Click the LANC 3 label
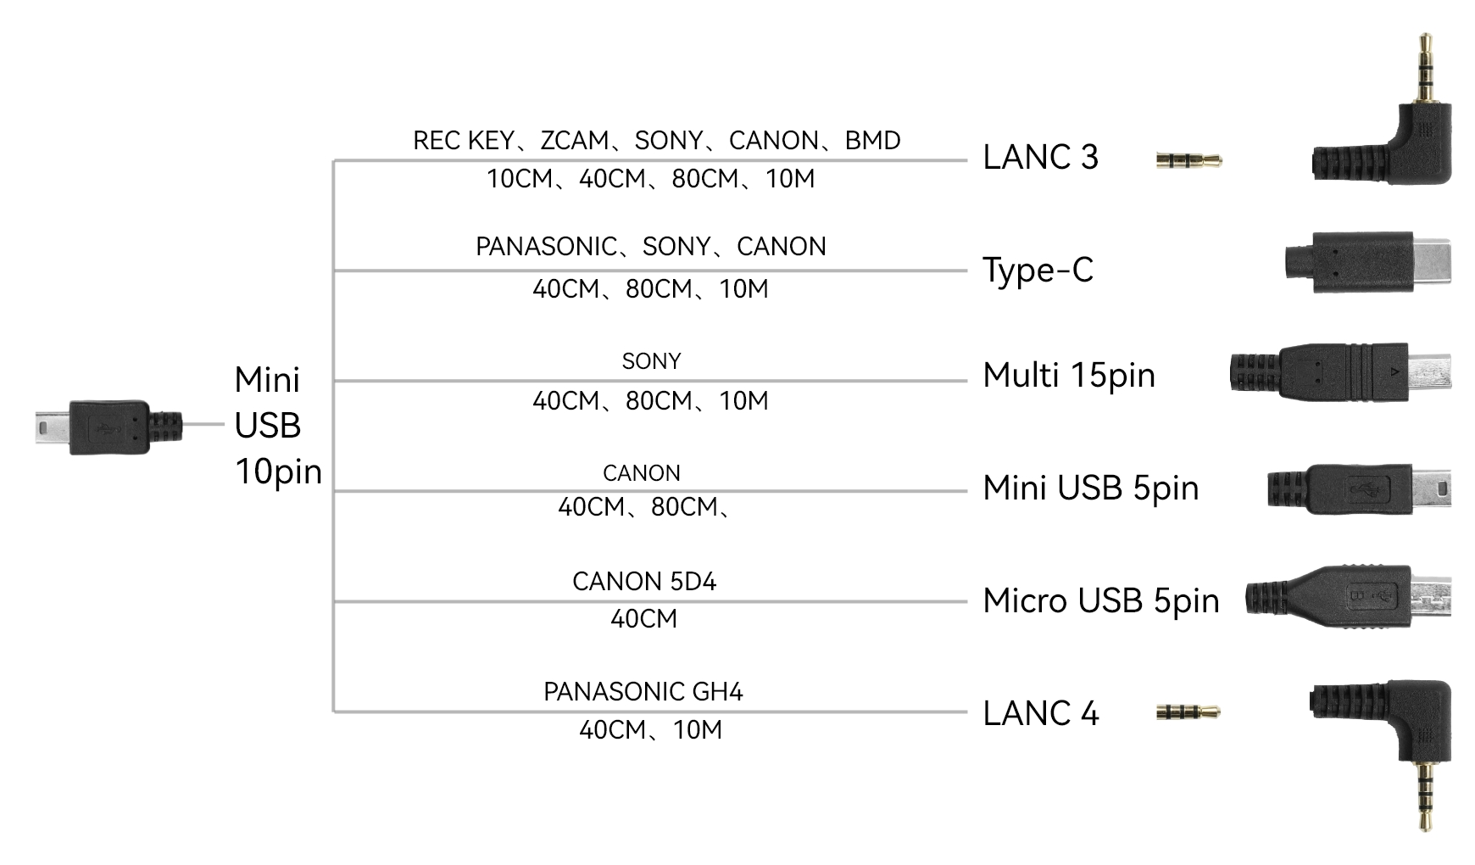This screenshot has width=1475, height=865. pyautogui.click(x=1040, y=157)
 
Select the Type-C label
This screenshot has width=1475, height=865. pyautogui.click(x=1038, y=270)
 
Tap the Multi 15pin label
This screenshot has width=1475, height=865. pyautogui.click(x=1069, y=375)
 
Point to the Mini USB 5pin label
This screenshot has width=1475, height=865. pyautogui.click(x=1091, y=488)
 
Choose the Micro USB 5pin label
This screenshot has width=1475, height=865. pyautogui.click(x=1101, y=600)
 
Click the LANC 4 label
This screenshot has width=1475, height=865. pyautogui.click(x=1041, y=713)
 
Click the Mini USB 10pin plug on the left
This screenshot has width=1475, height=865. pyautogui.click(x=109, y=427)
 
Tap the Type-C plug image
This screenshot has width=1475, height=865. pyautogui.click(x=1366, y=263)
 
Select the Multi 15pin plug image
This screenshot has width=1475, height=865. pyautogui.click(x=1340, y=372)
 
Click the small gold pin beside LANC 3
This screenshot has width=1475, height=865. pyautogui.click(x=1188, y=159)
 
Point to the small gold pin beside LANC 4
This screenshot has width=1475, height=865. pyautogui.click(x=1188, y=712)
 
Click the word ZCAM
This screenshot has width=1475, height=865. pyautogui.click(x=575, y=141)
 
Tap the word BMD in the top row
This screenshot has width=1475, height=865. pyautogui.click(x=872, y=141)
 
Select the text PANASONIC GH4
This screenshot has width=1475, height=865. pyautogui.click(x=643, y=692)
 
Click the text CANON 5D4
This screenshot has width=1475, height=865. pyautogui.click(x=644, y=582)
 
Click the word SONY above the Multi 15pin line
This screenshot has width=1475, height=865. pyautogui.click(x=651, y=361)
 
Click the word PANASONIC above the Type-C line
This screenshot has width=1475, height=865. pyautogui.click(x=546, y=247)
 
